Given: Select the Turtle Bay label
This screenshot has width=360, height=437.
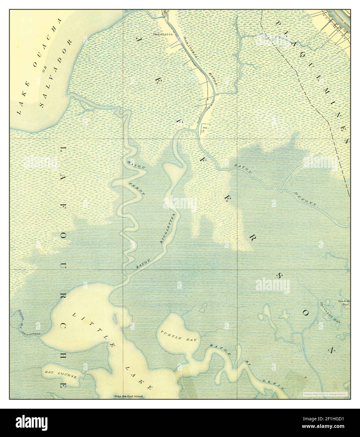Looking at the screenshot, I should (171, 336).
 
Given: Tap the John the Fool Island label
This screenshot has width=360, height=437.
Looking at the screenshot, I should (129, 396).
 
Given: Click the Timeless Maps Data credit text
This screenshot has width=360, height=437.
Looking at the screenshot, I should (326, 394).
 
